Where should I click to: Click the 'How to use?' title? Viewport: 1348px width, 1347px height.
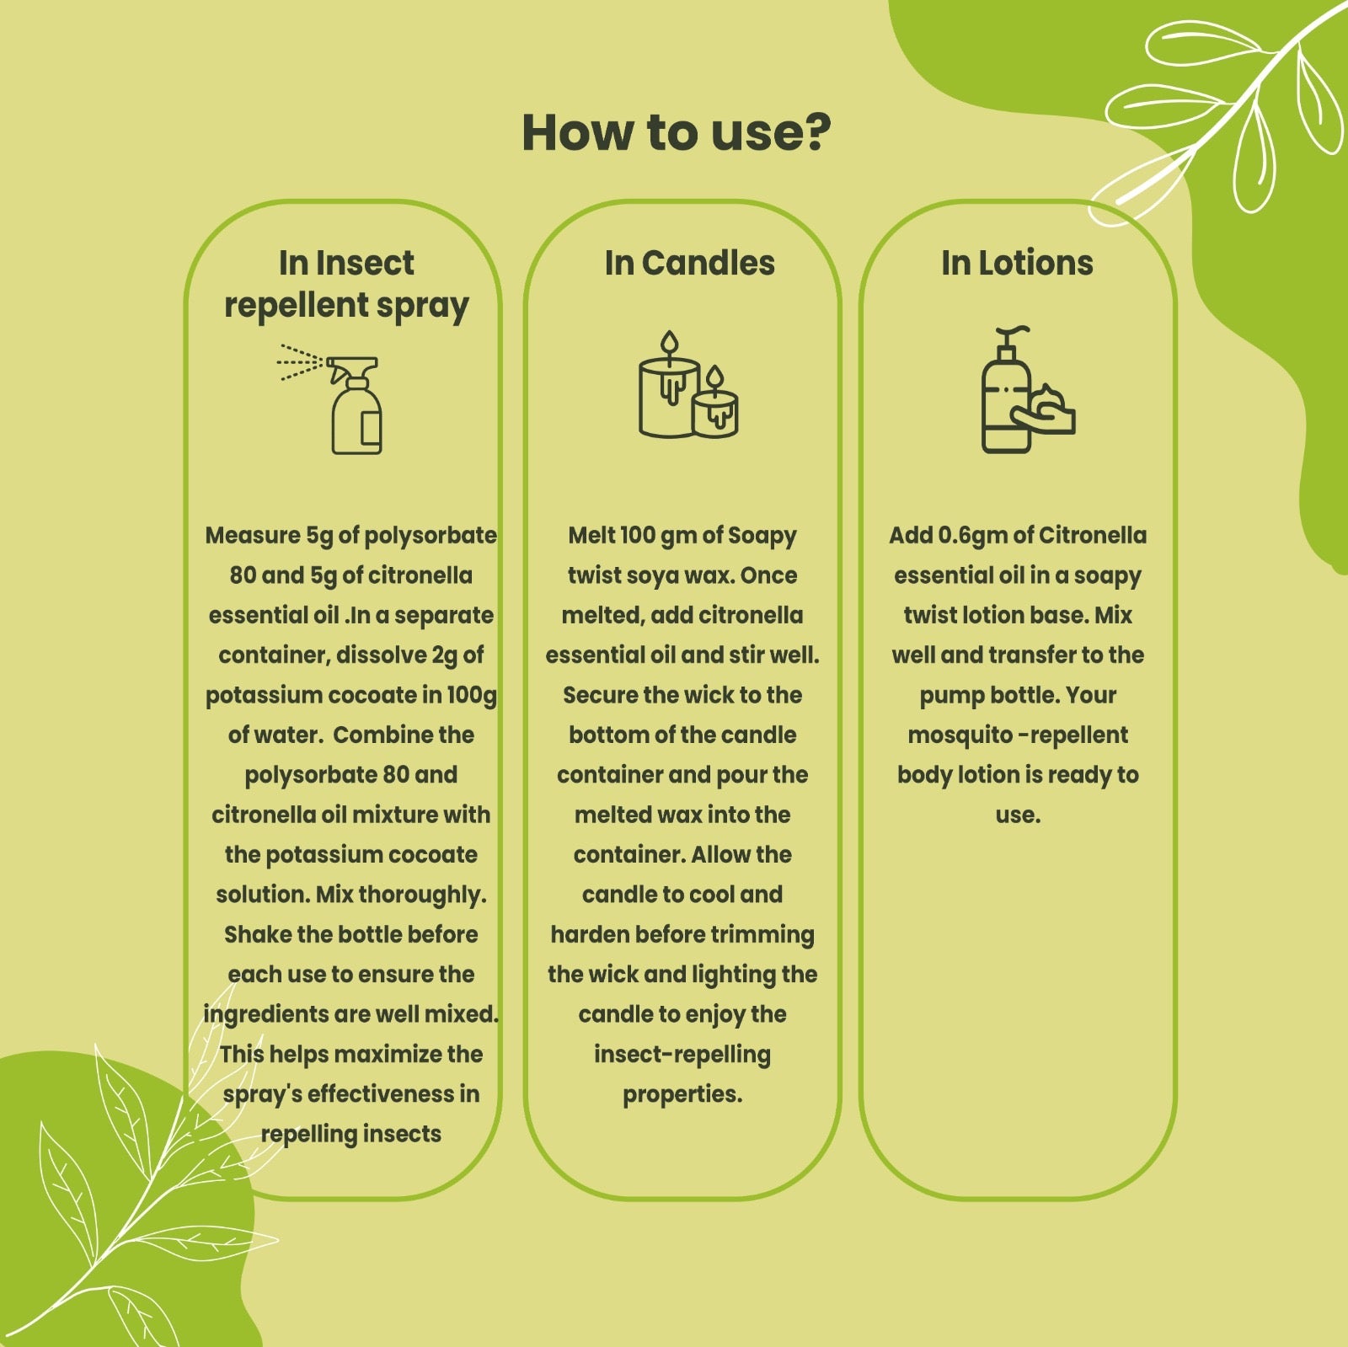coord(677,133)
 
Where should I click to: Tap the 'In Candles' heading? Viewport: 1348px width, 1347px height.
coord(689,264)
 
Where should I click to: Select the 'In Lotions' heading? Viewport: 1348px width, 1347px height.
coord(1017,264)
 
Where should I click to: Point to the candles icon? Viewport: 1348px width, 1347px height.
coord(688,385)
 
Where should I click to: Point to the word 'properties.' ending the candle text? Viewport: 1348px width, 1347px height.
coord(682,1095)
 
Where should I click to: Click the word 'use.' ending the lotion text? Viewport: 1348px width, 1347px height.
coord(1018,815)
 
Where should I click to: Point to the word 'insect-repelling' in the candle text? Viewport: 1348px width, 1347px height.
coord(682,1056)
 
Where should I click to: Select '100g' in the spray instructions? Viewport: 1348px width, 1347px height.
coord(472,696)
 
